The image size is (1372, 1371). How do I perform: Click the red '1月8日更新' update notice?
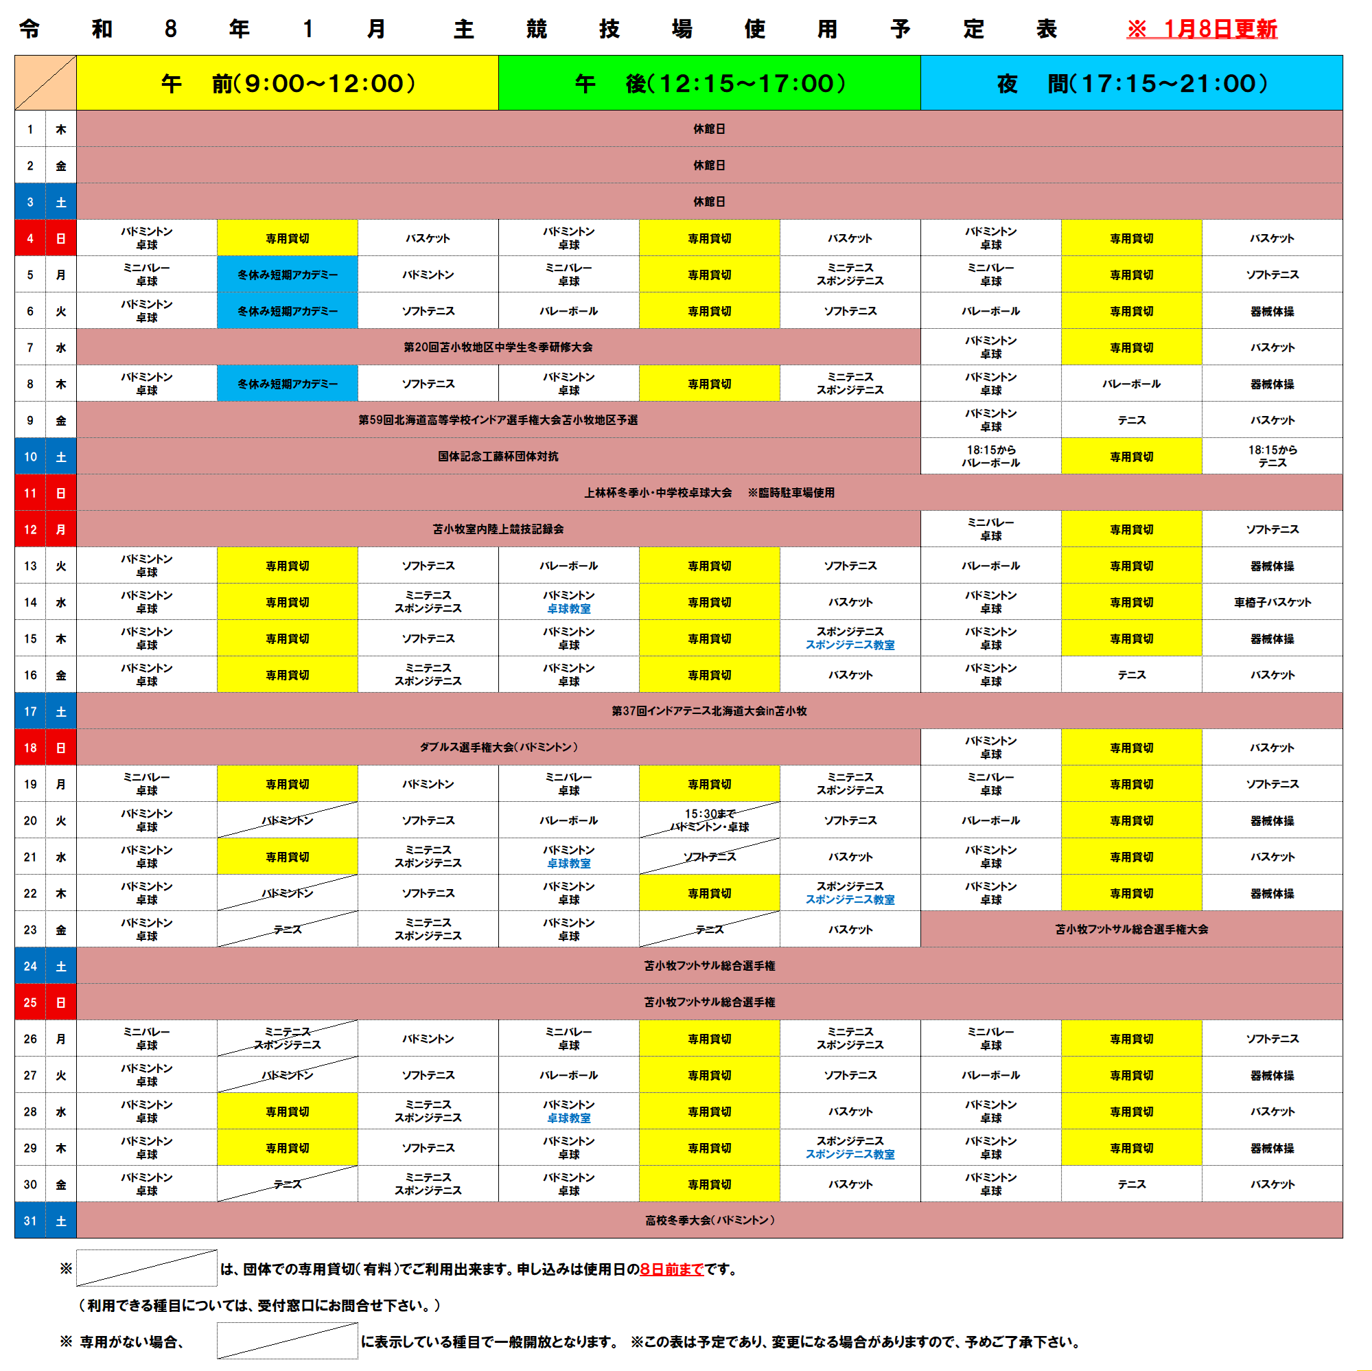pyautogui.click(x=1202, y=28)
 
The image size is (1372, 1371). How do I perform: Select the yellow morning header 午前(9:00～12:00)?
pyautogui.click(x=288, y=83)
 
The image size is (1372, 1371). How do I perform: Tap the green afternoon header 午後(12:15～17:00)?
pyautogui.click(x=710, y=83)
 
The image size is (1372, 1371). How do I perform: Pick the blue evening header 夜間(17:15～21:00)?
pyautogui.click(x=1131, y=83)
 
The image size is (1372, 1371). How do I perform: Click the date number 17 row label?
pyautogui.click(x=30, y=711)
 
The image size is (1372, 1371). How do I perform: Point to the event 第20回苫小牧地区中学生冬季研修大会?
pyautogui.click(x=498, y=347)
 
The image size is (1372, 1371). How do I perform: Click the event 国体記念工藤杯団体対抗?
pyautogui.click(x=498, y=456)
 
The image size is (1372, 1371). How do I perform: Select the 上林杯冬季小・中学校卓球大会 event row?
pyautogui.click(x=709, y=493)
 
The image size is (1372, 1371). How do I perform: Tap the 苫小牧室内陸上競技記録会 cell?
pyautogui.click(x=498, y=529)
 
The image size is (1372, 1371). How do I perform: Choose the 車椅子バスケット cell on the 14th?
pyautogui.click(x=1272, y=602)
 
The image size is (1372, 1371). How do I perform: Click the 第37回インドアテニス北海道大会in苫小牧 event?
pyautogui.click(x=709, y=711)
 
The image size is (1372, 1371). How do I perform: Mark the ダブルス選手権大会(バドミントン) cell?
pyautogui.click(x=498, y=748)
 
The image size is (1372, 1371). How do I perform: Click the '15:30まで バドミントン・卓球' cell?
pyautogui.click(x=710, y=820)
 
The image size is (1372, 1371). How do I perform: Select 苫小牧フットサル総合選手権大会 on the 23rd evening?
pyautogui.click(x=1131, y=929)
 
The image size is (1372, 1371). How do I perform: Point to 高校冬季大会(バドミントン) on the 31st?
pyautogui.click(x=709, y=1221)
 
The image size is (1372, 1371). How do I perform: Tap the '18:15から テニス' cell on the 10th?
pyautogui.click(x=1272, y=456)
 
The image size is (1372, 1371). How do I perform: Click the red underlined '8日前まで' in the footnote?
pyautogui.click(x=671, y=1269)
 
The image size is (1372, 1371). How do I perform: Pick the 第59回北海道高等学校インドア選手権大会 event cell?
pyautogui.click(x=498, y=420)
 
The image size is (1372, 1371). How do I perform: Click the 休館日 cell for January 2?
pyautogui.click(x=709, y=165)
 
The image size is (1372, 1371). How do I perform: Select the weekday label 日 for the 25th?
pyautogui.click(x=61, y=1002)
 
